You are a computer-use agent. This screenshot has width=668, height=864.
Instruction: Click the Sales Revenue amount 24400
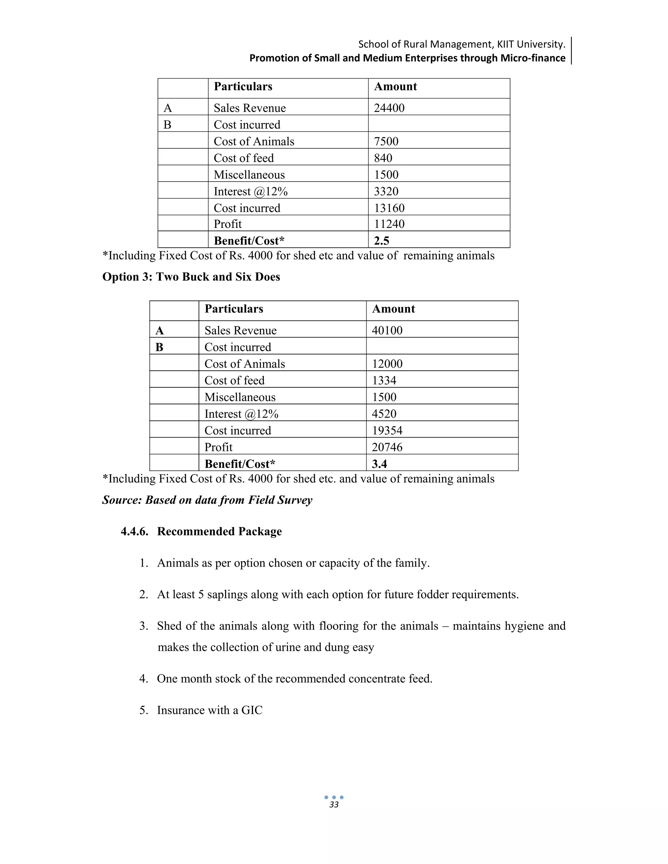[x=389, y=108]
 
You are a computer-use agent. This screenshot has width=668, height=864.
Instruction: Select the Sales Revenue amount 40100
[x=387, y=330]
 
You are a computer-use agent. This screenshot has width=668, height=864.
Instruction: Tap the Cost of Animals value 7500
[x=386, y=141]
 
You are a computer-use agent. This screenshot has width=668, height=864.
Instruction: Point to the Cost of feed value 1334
[x=384, y=380]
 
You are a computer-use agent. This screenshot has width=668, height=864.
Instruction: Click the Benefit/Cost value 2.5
[x=382, y=241]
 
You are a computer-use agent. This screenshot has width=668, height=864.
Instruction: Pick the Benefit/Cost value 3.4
[x=379, y=464]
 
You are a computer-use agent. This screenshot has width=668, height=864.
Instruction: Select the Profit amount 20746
[x=387, y=447]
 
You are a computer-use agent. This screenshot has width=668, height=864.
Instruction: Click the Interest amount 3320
[x=386, y=191]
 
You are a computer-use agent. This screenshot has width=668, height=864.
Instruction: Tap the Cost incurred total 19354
[x=387, y=430]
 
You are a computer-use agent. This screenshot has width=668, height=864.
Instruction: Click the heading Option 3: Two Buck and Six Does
[x=191, y=276]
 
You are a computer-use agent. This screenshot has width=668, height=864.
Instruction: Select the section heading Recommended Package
[x=219, y=531]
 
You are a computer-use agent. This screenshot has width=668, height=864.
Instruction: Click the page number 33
[x=334, y=805]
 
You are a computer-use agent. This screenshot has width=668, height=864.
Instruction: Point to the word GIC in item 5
[x=252, y=710]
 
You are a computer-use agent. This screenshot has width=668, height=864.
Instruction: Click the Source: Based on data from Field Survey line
[x=207, y=500]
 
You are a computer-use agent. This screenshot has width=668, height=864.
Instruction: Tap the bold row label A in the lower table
[x=159, y=330]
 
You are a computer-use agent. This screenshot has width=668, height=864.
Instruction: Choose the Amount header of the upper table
[x=395, y=87]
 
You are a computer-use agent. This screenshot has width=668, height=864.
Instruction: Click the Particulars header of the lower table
[x=234, y=309]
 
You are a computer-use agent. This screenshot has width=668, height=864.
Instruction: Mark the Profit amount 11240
[x=389, y=224]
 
